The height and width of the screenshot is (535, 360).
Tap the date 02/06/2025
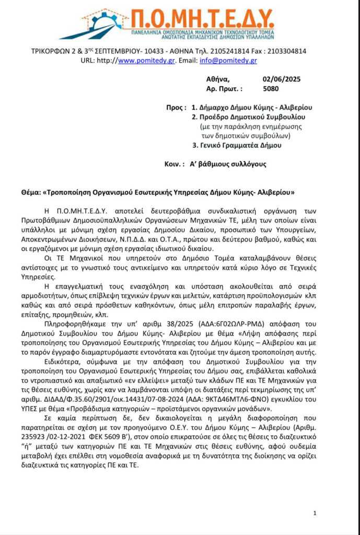(282, 79)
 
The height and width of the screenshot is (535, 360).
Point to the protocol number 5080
(271, 89)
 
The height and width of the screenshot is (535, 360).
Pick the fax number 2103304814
(285, 51)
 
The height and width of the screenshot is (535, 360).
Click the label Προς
(175, 107)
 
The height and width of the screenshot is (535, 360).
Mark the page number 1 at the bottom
(315, 513)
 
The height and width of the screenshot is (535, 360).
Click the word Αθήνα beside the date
(218, 79)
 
